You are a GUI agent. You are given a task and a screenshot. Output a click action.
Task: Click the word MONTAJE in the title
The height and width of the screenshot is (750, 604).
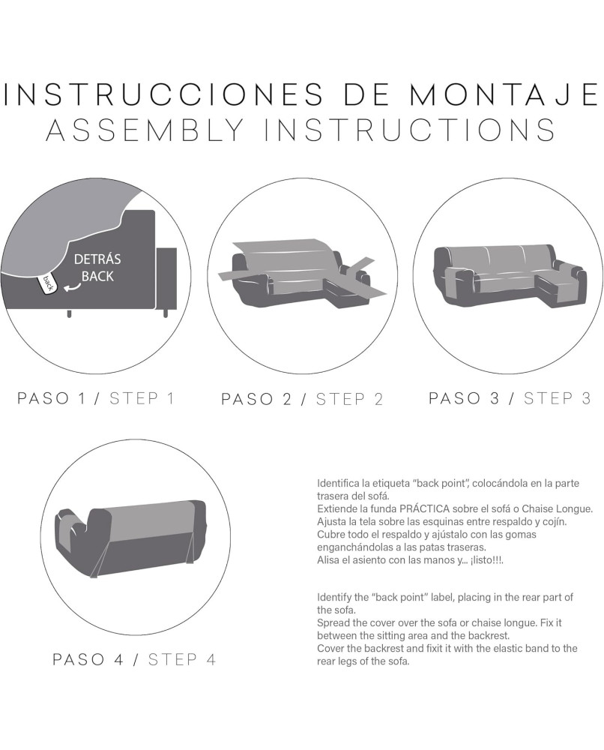click(x=504, y=94)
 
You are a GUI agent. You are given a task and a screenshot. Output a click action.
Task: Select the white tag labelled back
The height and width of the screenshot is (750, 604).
click(x=48, y=283)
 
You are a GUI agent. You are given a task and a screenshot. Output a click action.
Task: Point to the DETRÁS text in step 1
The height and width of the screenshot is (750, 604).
click(x=97, y=259)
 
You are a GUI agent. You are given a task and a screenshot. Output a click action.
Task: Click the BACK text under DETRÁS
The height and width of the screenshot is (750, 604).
click(x=97, y=276)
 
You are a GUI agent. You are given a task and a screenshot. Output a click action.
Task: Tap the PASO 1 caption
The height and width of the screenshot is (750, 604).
click(x=52, y=398)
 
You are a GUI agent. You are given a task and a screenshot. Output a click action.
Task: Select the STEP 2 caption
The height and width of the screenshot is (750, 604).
click(x=350, y=399)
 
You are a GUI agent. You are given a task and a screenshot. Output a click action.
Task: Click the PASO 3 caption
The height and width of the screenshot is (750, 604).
click(x=464, y=398)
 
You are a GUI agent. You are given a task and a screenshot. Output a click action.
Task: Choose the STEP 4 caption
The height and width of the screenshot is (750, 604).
click(x=182, y=659)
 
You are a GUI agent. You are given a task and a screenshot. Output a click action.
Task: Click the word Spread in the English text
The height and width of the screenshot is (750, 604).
click(x=332, y=623)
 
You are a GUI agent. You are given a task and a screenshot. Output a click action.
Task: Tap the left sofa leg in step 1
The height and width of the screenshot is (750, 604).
click(x=69, y=314)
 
